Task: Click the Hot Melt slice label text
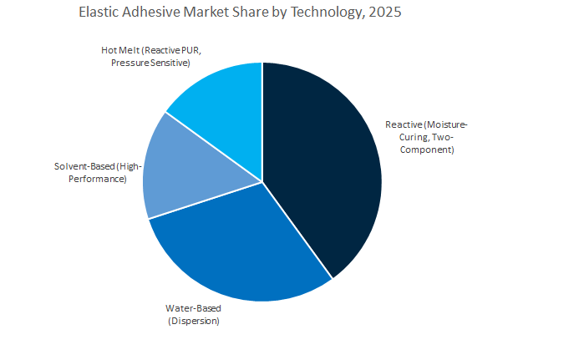coord(150,57)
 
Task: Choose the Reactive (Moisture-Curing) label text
coord(426,137)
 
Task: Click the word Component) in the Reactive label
coord(426,150)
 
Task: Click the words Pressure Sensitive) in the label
coord(150,63)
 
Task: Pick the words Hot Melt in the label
coord(118,50)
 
